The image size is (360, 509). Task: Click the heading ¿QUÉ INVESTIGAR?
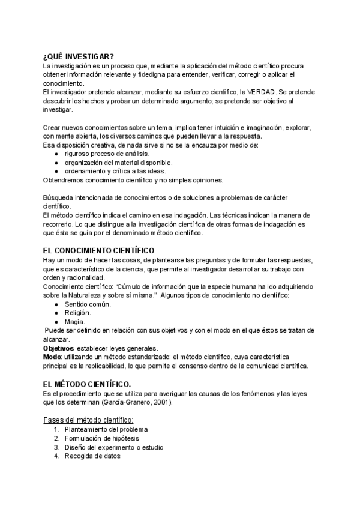coord(79,56)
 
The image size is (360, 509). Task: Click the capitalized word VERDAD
coord(257,92)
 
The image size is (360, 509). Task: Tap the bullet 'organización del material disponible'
coord(119,162)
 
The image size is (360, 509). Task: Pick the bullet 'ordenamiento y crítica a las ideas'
coord(115,170)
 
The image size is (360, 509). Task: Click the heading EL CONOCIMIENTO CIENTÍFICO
coord(99,250)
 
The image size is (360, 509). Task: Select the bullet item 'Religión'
coord(78,313)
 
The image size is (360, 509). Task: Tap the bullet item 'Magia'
coord(75,322)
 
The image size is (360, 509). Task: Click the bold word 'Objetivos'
coord(58,348)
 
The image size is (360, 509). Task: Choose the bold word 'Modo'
coord(52,357)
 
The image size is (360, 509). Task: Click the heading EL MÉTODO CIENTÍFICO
coord(87,383)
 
